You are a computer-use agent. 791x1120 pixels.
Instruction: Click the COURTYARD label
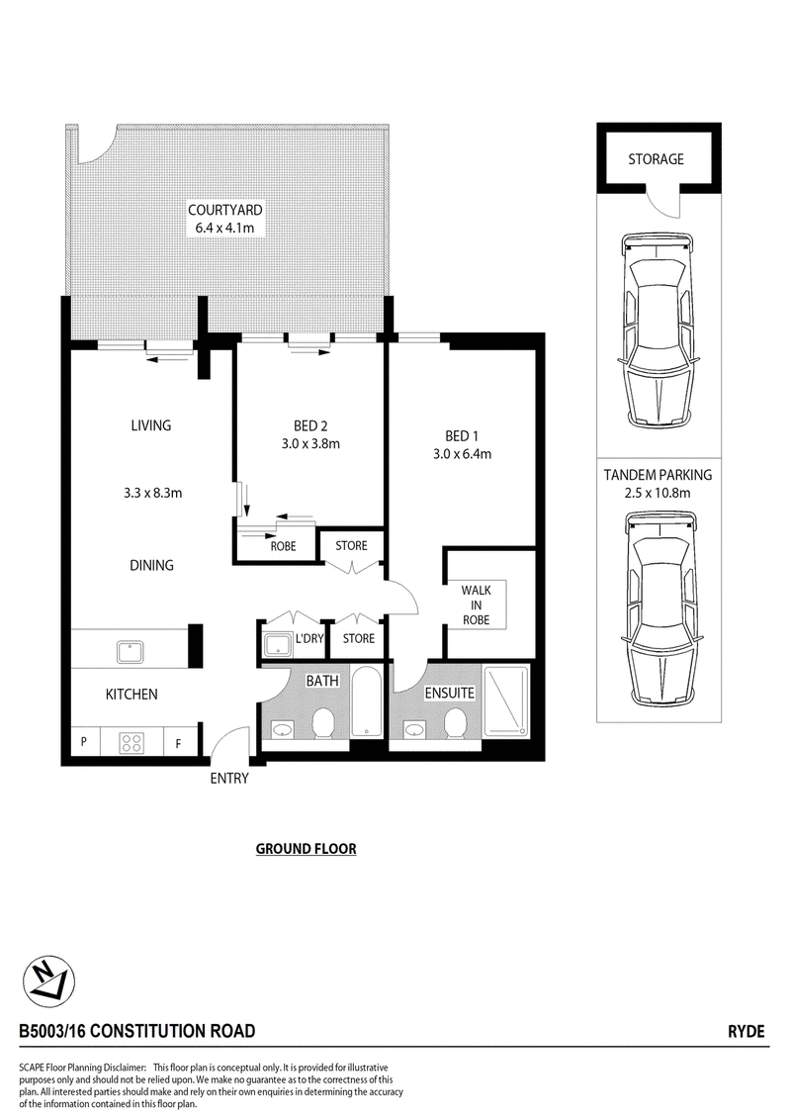pyautogui.click(x=224, y=210)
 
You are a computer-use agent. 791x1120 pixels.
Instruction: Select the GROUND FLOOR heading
pyautogui.click(x=307, y=849)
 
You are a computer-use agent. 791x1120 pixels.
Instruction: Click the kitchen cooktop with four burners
pyautogui.click(x=132, y=742)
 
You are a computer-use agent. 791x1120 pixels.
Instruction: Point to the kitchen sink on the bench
pyautogui.click(x=131, y=652)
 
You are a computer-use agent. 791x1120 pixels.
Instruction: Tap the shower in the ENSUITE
pyautogui.click(x=507, y=701)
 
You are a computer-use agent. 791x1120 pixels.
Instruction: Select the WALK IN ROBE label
pyautogui.click(x=477, y=605)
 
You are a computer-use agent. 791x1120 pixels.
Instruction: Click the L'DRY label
pyautogui.click(x=309, y=638)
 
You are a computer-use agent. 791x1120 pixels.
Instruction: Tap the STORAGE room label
pyautogui.click(x=657, y=159)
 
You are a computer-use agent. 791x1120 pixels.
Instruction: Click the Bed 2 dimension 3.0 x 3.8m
pyautogui.click(x=310, y=443)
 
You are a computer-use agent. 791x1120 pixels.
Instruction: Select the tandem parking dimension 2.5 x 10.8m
pyautogui.click(x=657, y=493)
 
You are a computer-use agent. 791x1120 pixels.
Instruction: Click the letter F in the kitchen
pyautogui.click(x=178, y=744)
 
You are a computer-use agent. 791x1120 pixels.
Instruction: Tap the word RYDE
pyautogui.click(x=747, y=1031)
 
